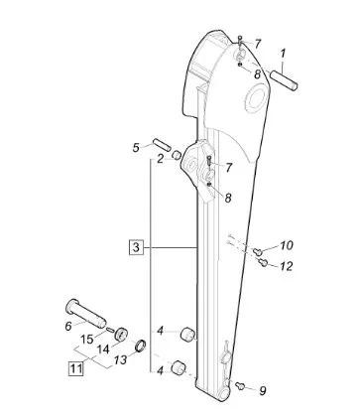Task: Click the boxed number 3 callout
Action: click(x=136, y=247)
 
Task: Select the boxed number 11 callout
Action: click(x=75, y=368)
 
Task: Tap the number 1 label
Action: click(x=283, y=54)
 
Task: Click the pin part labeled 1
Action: click(x=284, y=79)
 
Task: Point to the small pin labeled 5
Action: click(x=162, y=144)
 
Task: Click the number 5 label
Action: click(x=136, y=148)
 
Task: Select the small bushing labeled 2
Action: click(x=177, y=154)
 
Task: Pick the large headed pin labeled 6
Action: click(x=86, y=313)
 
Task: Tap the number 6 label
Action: click(x=68, y=327)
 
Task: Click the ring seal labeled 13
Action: click(x=141, y=346)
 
